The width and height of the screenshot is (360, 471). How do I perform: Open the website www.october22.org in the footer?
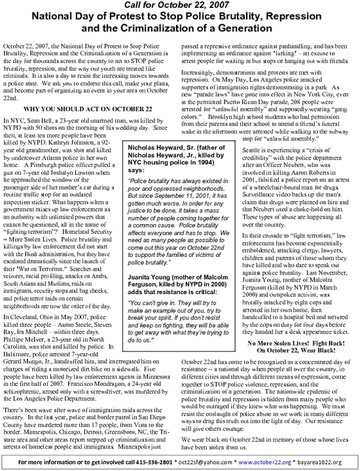[x=267, y=460]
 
